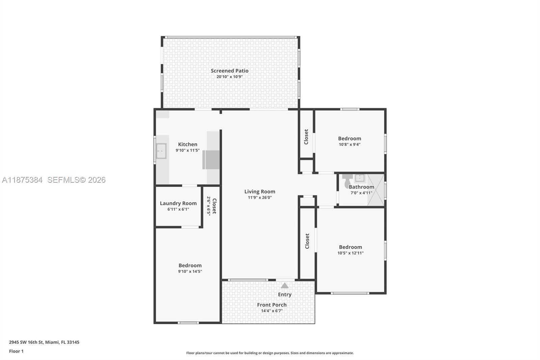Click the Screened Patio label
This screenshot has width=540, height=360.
tap(230, 71)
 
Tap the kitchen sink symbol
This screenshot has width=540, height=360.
tap(161, 151)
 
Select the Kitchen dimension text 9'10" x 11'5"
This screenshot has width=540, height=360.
tap(188, 150)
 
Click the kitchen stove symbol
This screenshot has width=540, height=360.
tap(211, 160)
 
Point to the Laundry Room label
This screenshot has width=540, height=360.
tap(178, 203)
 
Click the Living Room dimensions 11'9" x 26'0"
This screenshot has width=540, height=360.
tap(260, 198)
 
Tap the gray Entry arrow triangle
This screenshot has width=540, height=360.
tap(285, 286)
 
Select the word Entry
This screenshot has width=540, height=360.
tap(285, 294)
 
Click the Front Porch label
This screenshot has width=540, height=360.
tap(272, 305)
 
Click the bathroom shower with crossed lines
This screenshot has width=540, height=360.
tap(376, 190)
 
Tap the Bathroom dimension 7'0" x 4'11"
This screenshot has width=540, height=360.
tap(361, 193)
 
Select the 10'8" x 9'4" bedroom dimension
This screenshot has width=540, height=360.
tap(350, 145)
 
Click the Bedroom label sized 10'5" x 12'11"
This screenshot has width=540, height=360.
tap(350, 247)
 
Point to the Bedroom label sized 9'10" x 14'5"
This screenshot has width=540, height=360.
tap(190, 265)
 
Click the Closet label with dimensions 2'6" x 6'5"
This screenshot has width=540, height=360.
tap(214, 206)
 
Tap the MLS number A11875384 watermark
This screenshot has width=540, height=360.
tap(22, 180)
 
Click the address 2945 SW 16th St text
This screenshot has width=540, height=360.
tap(26, 342)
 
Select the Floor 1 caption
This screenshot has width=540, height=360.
tap(16, 351)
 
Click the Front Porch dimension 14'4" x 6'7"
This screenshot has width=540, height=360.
tap(272, 311)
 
